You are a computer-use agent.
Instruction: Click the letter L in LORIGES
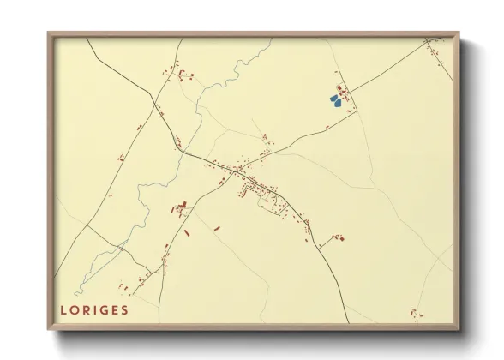coord(64,310)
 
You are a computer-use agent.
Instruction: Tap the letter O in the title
coord(75,310)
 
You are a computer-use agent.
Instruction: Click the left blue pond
coord(333,100)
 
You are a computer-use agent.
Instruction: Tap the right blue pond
coord(339,103)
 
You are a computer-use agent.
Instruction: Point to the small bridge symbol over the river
coord(123,248)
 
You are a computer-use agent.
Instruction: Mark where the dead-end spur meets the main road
coord(320,246)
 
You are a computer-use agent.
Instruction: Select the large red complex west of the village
coord(181,207)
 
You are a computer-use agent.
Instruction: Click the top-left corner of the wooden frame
coord(48,33)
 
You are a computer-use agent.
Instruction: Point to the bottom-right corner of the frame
coord(459,330)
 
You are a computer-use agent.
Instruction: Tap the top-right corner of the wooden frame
coord(459,33)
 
